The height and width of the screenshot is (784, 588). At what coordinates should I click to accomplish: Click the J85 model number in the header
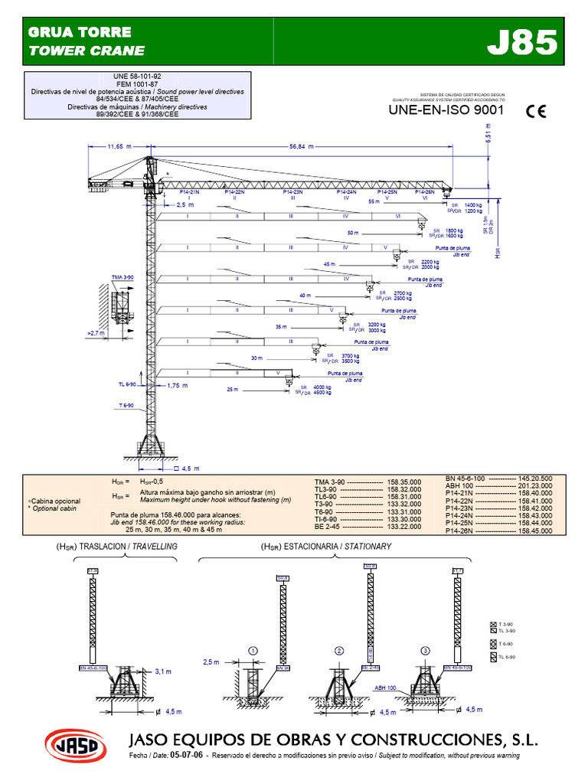pos(523,44)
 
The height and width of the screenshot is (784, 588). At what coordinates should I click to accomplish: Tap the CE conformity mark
pos(536,112)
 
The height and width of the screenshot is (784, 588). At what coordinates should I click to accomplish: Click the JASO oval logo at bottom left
pos(74,743)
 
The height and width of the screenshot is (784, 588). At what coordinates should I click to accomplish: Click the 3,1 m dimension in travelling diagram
pos(163,671)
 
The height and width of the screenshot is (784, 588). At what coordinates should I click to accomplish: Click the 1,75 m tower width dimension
pos(178,386)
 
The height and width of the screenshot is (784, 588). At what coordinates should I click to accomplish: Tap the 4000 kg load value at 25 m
pos(322,387)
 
